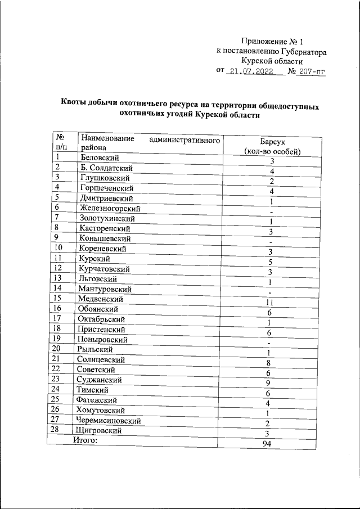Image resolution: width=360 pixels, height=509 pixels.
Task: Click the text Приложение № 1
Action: [x=272, y=41]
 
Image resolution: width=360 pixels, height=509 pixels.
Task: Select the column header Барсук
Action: [x=271, y=142]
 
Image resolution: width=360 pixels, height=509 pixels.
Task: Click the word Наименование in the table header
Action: [x=107, y=138]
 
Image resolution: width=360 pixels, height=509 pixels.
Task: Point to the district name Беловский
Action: [x=101, y=157]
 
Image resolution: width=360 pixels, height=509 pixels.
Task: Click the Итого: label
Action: [x=85, y=440]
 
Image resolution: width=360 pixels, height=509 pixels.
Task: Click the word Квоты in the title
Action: [x=76, y=105]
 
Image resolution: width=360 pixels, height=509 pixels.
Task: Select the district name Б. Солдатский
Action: [x=106, y=168]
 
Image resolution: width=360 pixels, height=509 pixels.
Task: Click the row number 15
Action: [x=56, y=299]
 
